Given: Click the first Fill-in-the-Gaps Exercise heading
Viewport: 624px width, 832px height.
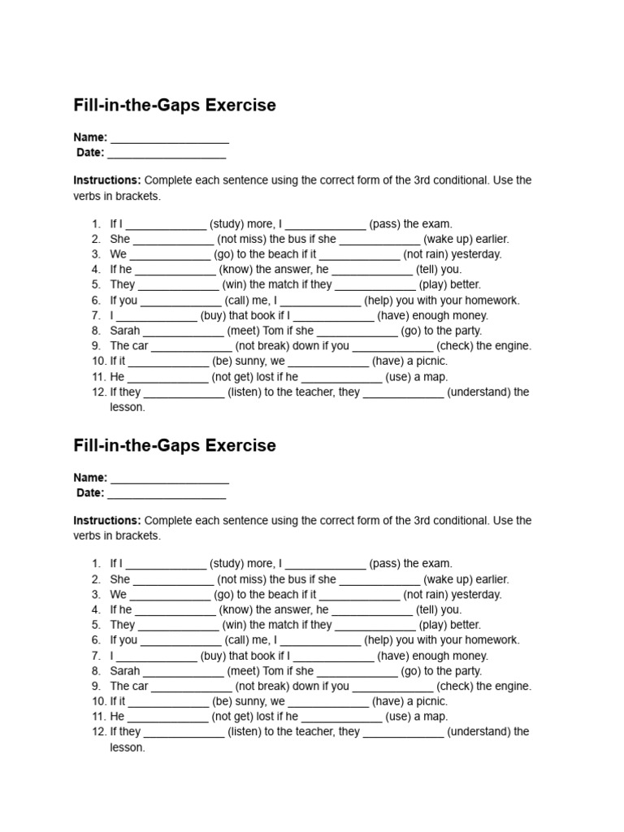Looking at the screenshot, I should [175, 106].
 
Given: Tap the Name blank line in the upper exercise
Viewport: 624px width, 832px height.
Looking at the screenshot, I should [170, 138].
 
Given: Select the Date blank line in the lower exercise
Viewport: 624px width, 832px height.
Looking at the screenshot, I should [167, 493].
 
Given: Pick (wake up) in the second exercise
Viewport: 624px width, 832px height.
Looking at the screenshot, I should [449, 579].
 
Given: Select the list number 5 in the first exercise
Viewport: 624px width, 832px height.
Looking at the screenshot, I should [96, 284].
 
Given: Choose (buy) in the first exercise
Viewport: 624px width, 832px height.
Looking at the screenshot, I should [212, 315].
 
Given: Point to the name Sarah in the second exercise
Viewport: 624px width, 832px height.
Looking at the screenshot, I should [125, 671].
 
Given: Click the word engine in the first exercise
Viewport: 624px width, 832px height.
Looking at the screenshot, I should [513, 345].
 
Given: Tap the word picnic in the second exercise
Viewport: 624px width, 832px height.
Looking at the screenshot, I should [429, 701].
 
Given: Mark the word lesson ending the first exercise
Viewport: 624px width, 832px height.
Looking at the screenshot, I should [127, 407].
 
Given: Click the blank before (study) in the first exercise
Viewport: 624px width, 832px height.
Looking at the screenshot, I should [167, 225].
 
